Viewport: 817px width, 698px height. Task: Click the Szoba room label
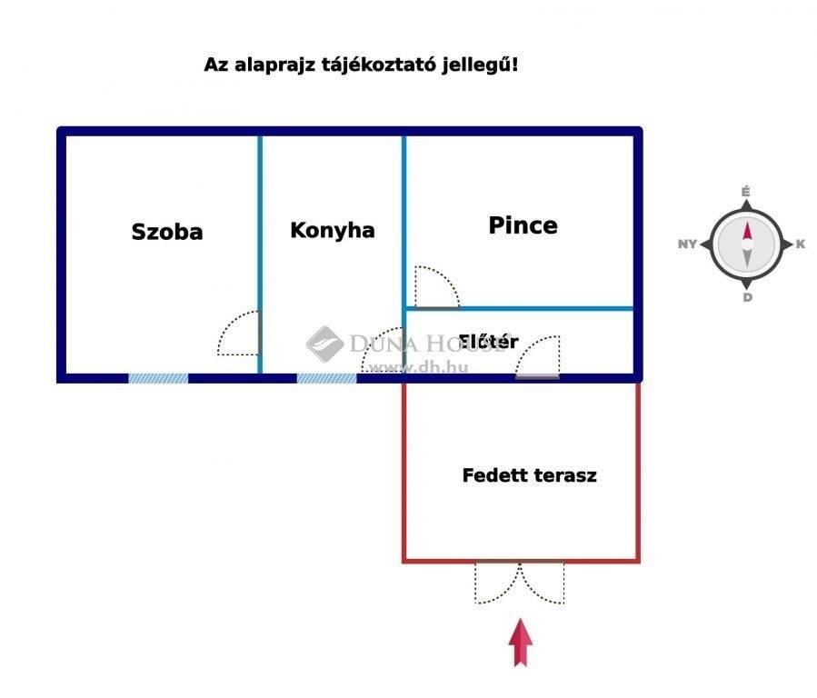[166, 232]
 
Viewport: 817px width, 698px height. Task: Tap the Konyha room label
[333, 230]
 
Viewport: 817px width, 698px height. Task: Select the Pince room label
[523, 225]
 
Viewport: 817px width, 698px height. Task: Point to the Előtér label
[488, 341]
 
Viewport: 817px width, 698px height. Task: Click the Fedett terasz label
[530, 475]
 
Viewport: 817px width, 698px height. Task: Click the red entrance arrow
[521, 643]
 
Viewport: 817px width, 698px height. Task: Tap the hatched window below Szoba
[158, 379]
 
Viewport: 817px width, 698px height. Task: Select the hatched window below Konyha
[326, 379]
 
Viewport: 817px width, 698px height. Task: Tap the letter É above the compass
[745, 192]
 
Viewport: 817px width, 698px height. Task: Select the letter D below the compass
[748, 297]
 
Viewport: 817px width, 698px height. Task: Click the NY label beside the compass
[687, 244]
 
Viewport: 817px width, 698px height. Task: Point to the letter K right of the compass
[801, 244]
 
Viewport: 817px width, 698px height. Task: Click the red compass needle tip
[747, 223]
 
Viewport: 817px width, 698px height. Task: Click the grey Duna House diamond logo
[324, 344]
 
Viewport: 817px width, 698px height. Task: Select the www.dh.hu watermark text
[418, 368]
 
